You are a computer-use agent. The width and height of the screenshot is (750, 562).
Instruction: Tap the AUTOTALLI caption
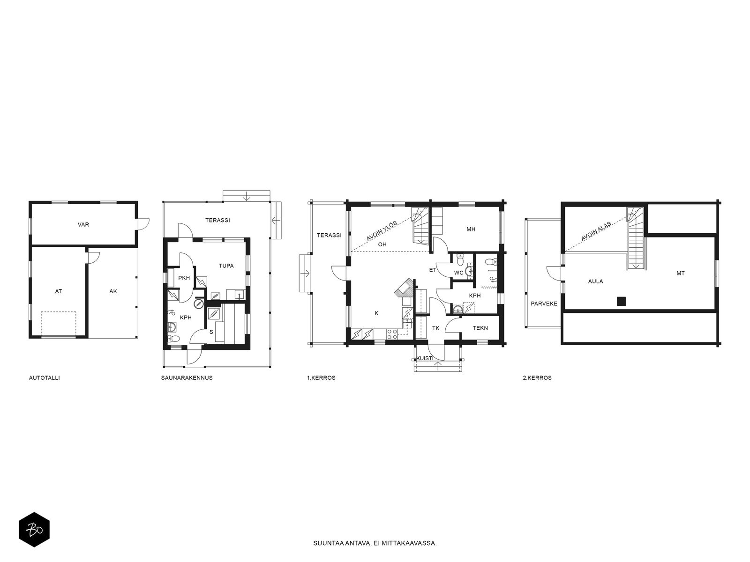[45, 378]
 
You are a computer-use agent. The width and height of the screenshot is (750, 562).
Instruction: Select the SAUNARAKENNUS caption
[187, 378]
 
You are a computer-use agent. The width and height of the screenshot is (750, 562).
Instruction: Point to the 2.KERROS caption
[537, 378]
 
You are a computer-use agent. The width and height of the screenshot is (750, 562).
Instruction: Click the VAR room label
[83, 224]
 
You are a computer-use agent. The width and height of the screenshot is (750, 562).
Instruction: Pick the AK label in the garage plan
[113, 291]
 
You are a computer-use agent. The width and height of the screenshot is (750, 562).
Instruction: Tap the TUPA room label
[226, 266]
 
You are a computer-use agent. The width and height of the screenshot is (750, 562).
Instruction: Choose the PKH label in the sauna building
[184, 278]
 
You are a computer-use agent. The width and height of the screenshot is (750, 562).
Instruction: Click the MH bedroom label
[471, 229]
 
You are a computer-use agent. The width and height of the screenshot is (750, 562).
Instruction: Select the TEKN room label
[480, 328]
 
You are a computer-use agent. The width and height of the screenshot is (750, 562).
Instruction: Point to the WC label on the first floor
[458, 273]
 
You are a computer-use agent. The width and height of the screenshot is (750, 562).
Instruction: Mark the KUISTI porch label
[425, 358]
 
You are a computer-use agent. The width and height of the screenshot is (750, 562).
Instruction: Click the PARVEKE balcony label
[544, 303]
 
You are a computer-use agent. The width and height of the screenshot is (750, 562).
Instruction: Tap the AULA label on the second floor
[596, 281]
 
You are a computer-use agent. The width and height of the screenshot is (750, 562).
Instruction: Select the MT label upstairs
[680, 274]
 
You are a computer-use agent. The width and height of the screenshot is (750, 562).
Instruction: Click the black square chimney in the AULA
[621, 301]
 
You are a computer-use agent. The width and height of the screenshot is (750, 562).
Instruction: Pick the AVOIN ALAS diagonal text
[596, 231]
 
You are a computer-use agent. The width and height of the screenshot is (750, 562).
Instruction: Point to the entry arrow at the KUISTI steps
[438, 366]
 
